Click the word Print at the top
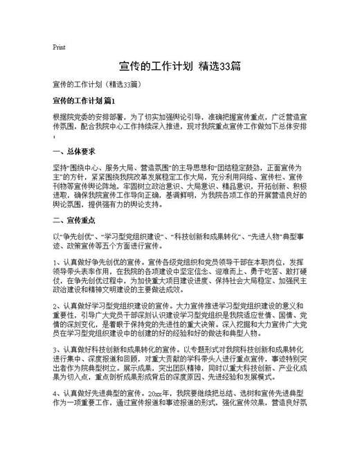coord(59,48)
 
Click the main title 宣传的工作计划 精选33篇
coord(179,67)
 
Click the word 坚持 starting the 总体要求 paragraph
coord(60,168)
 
